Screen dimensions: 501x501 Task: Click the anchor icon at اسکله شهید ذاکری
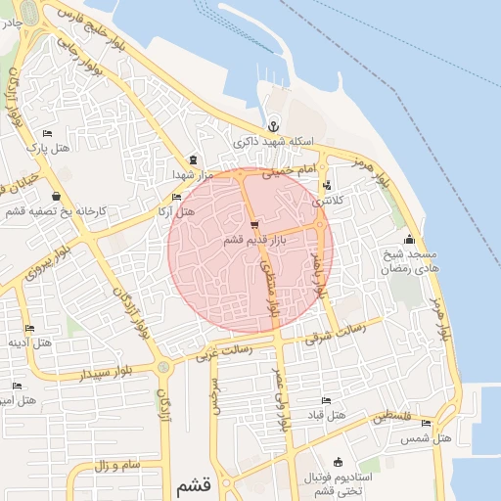[x=274, y=125]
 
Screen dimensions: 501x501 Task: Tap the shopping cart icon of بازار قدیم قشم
[x=254, y=224]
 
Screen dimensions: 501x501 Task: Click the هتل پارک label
[x=48, y=149]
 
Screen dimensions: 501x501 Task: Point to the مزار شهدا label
[x=193, y=173]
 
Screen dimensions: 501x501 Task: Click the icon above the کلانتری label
[x=326, y=184]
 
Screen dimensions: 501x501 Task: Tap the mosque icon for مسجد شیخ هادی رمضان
[x=408, y=240]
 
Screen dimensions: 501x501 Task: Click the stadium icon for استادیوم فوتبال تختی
[x=339, y=462]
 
